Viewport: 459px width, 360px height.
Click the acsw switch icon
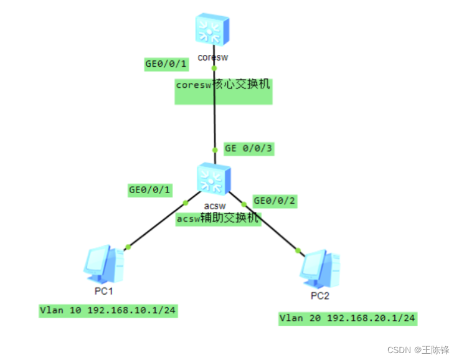[213, 179]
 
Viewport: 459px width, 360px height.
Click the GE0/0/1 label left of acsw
[149, 189]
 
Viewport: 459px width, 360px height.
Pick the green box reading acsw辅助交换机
[218, 218]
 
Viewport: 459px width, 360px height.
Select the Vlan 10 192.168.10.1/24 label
[108, 310]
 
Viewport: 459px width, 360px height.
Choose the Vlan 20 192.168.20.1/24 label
[348, 318]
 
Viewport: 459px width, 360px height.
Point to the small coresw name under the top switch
[214, 57]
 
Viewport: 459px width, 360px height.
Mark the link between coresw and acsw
[214, 125]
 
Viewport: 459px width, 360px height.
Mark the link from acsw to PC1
[156, 225]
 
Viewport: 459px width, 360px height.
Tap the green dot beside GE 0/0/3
[214, 149]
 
